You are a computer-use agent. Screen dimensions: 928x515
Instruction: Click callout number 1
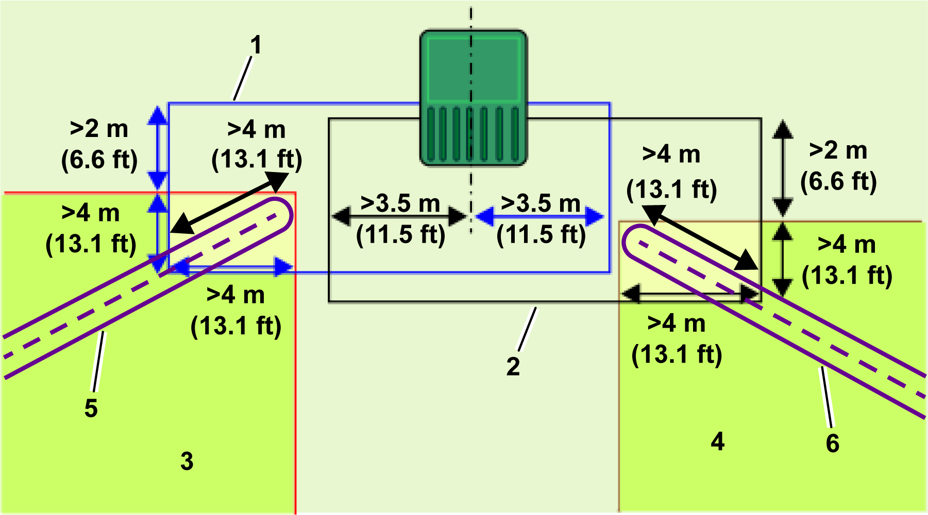[x=256, y=45]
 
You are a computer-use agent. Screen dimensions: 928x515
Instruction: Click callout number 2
[x=513, y=367]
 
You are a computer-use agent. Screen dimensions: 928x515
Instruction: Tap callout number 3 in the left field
[x=187, y=461]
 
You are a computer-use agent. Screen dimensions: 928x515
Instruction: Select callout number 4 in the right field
[x=718, y=441]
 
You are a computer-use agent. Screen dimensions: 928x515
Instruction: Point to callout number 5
[x=91, y=408]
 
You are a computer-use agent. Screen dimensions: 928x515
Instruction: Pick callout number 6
[x=833, y=443]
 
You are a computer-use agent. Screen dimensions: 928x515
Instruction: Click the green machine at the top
[x=474, y=98]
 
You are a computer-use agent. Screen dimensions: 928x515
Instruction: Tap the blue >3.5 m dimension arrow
[x=539, y=216]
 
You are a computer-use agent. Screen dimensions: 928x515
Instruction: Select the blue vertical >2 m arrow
[x=158, y=148]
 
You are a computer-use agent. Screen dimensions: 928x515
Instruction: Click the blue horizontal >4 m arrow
[x=231, y=267]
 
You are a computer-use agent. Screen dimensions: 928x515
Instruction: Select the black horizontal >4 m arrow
[x=691, y=294]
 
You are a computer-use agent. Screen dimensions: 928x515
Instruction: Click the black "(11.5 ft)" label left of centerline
[x=401, y=235]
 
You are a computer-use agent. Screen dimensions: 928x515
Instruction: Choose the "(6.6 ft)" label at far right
[x=839, y=181]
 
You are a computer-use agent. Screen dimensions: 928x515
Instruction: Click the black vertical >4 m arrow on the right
[x=783, y=260]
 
